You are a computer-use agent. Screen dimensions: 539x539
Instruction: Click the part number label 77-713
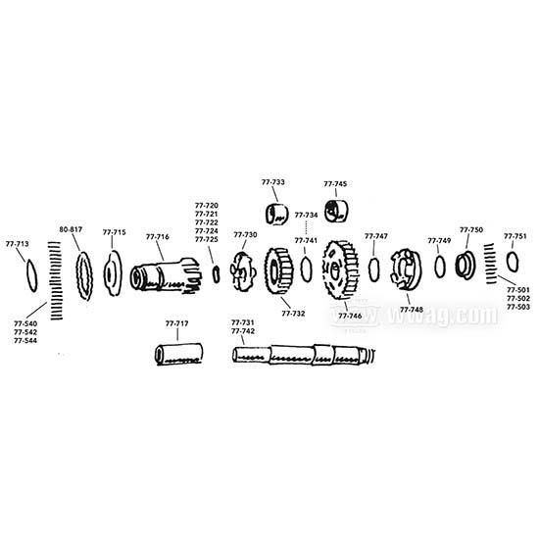[x=18, y=243]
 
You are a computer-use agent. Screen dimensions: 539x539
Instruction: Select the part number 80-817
[x=71, y=229]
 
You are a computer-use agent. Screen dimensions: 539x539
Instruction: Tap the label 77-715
[x=114, y=232]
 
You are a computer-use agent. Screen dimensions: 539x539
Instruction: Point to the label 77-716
[x=158, y=236]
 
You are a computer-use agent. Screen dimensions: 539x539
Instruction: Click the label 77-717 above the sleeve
[x=177, y=323]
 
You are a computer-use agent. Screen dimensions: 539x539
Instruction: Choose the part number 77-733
[x=273, y=182]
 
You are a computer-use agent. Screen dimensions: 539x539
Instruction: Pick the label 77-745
[x=335, y=183]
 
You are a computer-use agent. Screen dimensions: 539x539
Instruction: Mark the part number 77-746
[x=350, y=317]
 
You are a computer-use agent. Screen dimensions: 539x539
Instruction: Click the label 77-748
[x=412, y=309]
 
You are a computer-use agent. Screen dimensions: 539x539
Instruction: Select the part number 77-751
[x=515, y=236]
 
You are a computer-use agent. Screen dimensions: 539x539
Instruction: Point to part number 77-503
[x=516, y=307]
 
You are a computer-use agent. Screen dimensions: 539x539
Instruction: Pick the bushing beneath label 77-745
[x=339, y=210]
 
